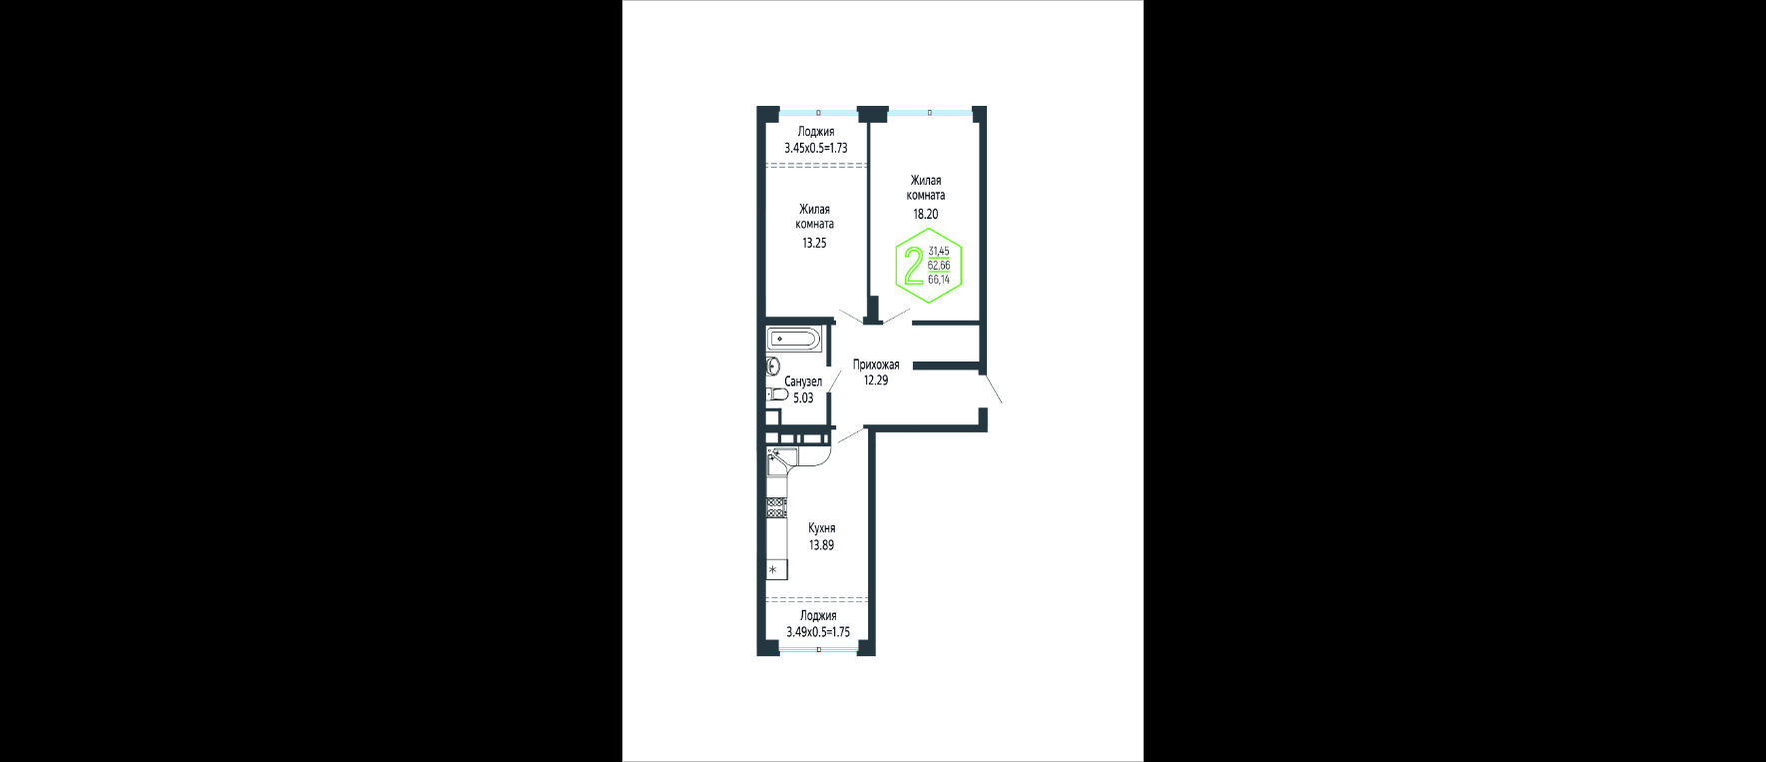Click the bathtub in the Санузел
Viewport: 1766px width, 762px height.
(x=793, y=340)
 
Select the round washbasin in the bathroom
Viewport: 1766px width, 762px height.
(x=772, y=367)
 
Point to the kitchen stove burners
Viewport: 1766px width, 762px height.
(x=776, y=506)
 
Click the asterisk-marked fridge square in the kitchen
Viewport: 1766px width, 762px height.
(x=776, y=570)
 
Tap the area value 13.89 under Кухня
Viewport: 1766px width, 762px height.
(x=821, y=545)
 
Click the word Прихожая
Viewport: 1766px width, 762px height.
(x=876, y=365)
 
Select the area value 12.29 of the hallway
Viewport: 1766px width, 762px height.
(x=876, y=380)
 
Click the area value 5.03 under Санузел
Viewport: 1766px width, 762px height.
(x=803, y=397)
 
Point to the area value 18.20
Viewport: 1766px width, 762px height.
(x=926, y=214)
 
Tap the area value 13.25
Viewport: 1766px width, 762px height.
(x=814, y=243)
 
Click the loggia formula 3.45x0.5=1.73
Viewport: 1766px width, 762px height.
(x=816, y=148)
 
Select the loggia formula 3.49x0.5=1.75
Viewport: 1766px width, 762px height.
(x=818, y=632)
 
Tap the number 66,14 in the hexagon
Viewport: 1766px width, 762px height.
(x=939, y=280)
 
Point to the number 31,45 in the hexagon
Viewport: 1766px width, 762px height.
(x=939, y=252)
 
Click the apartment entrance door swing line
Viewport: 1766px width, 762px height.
(x=993, y=389)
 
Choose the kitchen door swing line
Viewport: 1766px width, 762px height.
(x=851, y=434)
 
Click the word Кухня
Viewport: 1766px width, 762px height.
(x=822, y=528)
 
